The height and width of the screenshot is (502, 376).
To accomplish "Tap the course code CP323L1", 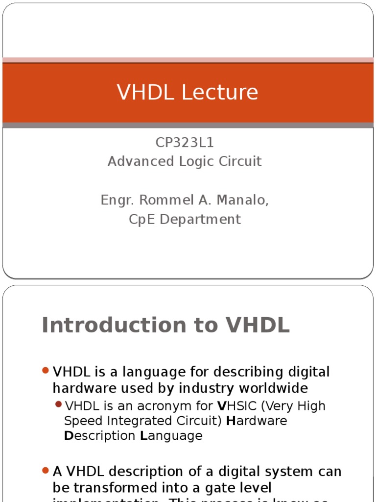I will click(x=185, y=143).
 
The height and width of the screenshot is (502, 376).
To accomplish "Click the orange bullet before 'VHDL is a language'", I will click(x=46, y=371).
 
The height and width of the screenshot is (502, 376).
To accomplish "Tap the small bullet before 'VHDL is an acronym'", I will click(x=59, y=404).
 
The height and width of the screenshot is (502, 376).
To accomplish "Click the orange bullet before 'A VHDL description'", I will click(x=46, y=471).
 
